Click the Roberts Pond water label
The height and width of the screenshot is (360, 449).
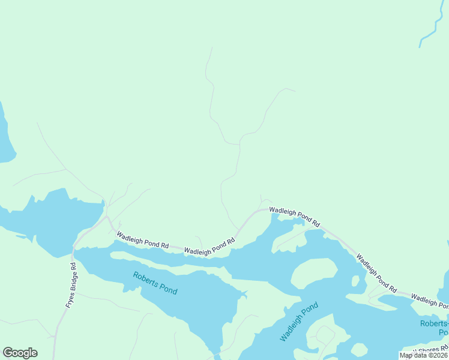coord(155,283)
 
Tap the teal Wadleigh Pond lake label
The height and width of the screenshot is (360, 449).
coord(298,322)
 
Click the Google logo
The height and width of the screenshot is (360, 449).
coord(20,353)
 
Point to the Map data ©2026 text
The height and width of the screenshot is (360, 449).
coord(424,355)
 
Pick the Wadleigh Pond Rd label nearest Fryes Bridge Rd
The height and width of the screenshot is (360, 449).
coord(143,241)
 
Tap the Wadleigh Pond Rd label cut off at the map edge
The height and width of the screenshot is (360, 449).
coord(430,298)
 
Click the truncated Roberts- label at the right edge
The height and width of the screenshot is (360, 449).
coord(433,324)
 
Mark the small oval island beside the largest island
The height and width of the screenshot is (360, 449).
coord(355,280)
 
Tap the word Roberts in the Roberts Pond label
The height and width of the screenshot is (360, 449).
coord(146,279)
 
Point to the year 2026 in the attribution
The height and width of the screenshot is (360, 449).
coord(439,355)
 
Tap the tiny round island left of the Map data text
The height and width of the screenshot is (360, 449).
coord(358,349)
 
